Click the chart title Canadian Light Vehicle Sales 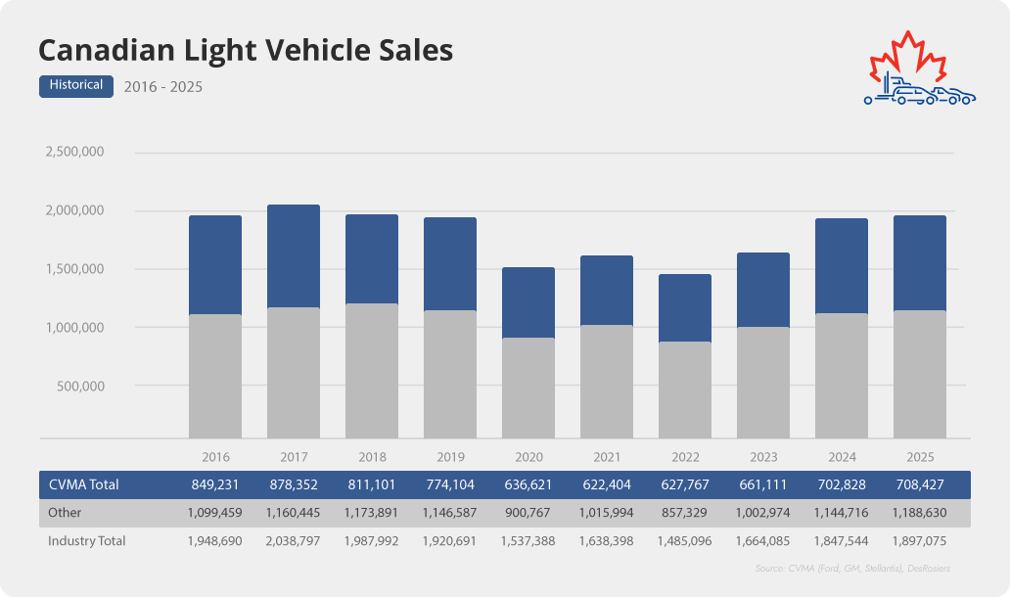(245, 50)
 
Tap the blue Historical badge (77, 85)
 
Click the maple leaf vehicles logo (919, 70)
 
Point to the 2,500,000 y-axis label (74, 153)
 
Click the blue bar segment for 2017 (294, 256)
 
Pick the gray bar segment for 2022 (685, 390)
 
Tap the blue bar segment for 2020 (528, 302)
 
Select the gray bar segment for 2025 (920, 374)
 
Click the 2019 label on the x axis (450, 457)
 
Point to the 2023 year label (763, 457)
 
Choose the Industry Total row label (87, 540)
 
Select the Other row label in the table (65, 512)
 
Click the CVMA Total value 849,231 (215, 484)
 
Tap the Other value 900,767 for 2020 (528, 512)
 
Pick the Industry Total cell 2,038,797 (294, 540)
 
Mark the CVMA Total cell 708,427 (920, 484)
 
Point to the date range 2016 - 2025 (163, 87)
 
